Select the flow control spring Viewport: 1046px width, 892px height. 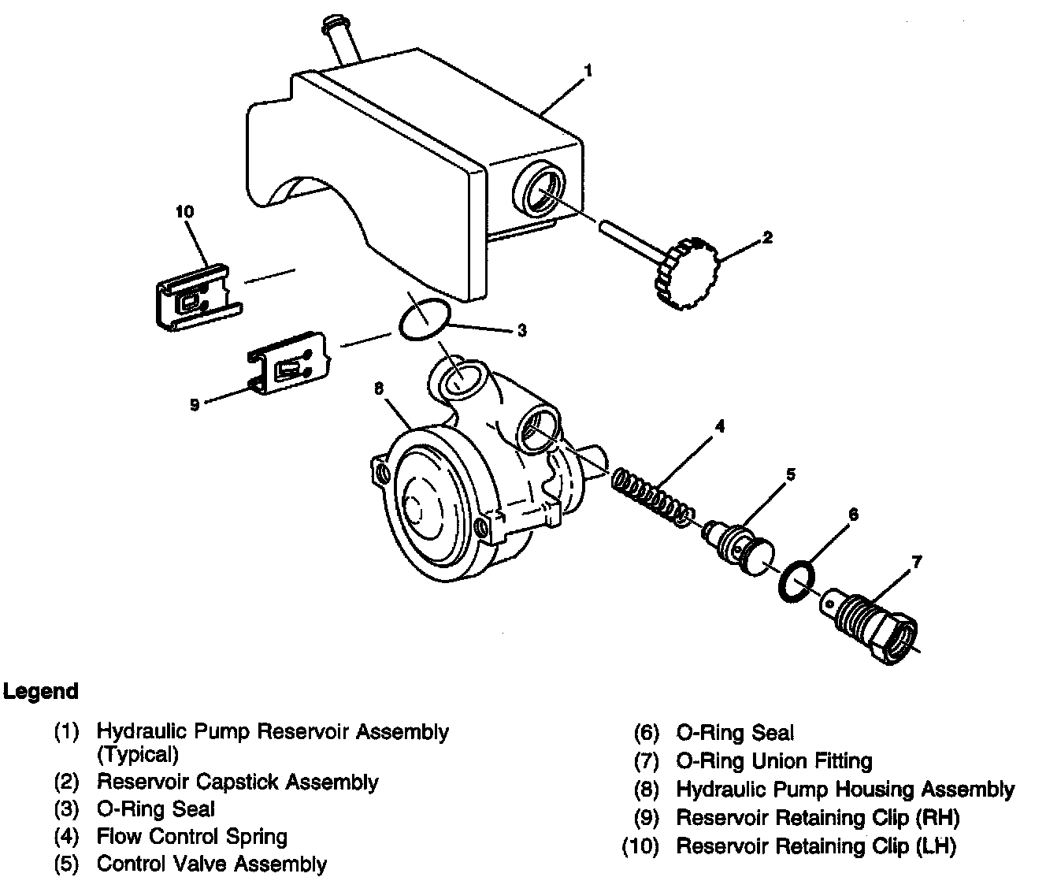(x=653, y=497)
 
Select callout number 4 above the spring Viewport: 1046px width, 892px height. (x=718, y=426)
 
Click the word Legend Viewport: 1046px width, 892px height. (x=41, y=691)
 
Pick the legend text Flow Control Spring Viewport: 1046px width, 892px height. (x=191, y=836)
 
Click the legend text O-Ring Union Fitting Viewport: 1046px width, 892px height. (x=774, y=761)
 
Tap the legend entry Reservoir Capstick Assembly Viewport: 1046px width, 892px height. (x=237, y=782)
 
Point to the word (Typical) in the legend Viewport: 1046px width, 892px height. (x=138, y=755)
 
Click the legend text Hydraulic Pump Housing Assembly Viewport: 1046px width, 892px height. (x=845, y=790)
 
